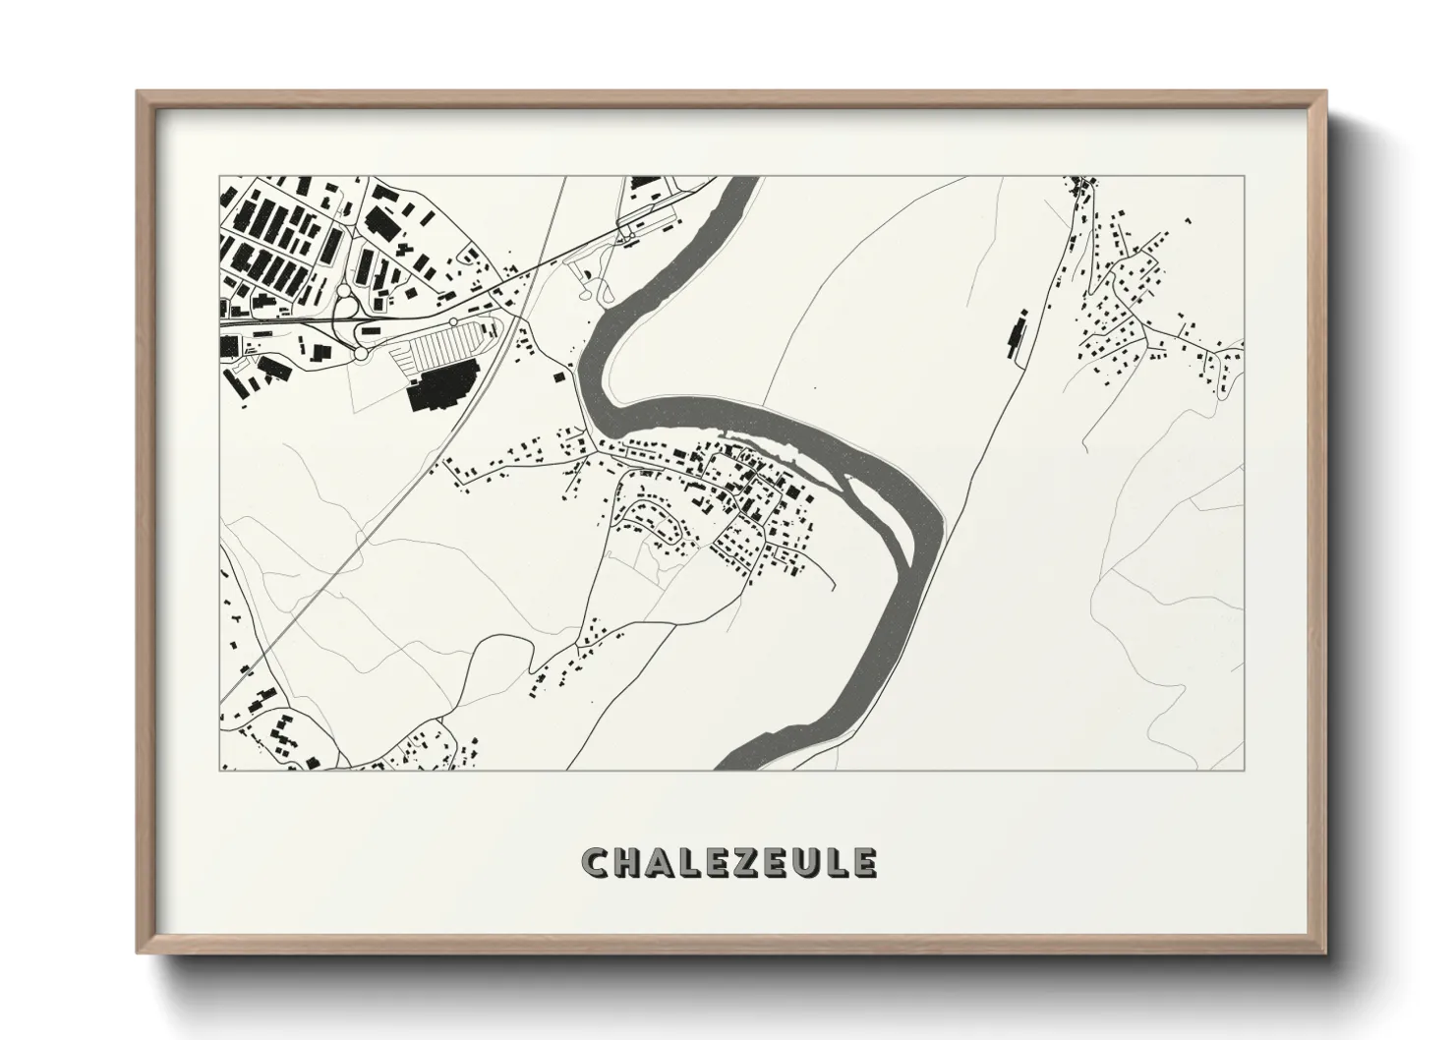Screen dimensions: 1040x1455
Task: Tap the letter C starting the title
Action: coord(596,863)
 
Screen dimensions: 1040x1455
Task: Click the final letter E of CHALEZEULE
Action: coord(862,863)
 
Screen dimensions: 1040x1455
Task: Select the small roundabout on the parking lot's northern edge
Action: coord(453,321)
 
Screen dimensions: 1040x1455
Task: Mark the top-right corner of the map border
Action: coord(1244,177)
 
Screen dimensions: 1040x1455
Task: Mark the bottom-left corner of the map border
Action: coord(217,770)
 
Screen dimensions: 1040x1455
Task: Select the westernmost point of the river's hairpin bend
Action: coord(582,366)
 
